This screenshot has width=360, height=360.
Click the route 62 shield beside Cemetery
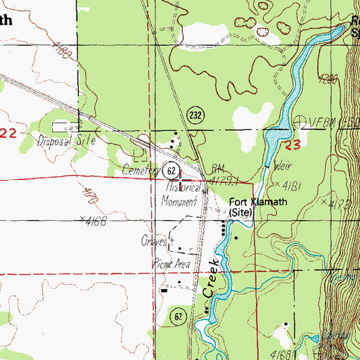pyautogui.click(x=170, y=169)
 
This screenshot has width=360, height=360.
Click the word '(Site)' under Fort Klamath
pyautogui.click(x=243, y=211)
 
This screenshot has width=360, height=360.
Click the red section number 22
pyautogui.click(x=6, y=132)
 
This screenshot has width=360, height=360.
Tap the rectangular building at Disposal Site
pyautogui.click(x=61, y=126)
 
